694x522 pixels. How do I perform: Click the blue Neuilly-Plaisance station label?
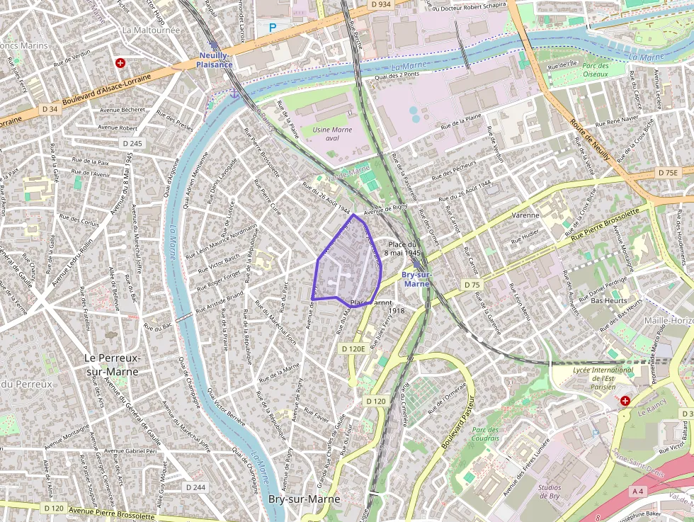[x=215, y=59]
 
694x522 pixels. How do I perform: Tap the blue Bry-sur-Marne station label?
[x=416, y=278]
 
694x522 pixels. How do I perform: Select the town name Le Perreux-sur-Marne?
[x=112, y=364]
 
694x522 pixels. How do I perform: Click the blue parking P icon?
[x=273, y=28]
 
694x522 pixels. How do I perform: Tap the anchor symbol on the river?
[x=233, y=93]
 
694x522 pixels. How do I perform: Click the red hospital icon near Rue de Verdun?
[x=120, y=63]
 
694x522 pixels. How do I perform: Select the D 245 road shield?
[x=132, y=143]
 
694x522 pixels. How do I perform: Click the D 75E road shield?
[x=667, y=172]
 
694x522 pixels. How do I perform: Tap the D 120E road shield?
[x=353, y=348]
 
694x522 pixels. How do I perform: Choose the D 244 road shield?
[x=195, y=487]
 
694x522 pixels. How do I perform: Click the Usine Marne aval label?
[x=332, y=133]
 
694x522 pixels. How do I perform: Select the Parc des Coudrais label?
[x=485, y=433]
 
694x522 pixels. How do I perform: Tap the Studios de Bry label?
[x=549, y=492]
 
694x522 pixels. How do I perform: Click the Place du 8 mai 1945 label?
[x=403, y=248]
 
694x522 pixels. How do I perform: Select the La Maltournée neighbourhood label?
[x=152, y=30]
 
